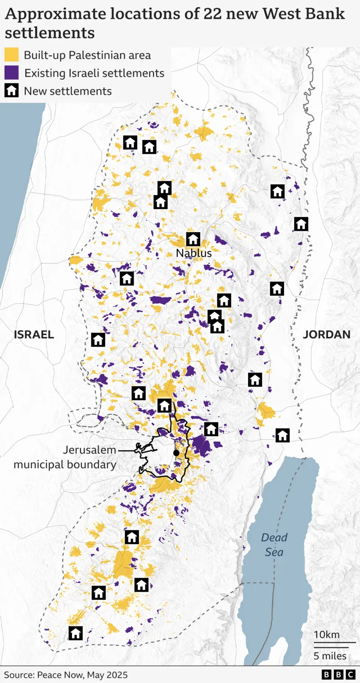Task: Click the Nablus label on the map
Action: point(193,253)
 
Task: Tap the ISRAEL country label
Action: point(34,334)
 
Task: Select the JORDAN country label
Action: point(326,334)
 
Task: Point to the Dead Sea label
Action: point(274,544)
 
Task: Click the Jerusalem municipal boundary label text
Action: point(65,457)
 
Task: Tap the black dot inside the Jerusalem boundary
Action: point(176,452)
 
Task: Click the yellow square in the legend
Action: point(12,55)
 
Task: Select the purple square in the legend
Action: point(12,72)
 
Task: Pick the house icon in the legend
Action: point(12,90)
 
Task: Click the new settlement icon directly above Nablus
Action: point(193,239)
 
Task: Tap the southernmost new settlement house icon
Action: point(76,633)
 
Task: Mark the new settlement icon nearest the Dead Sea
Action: point(282,435)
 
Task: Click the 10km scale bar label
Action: point(327,635)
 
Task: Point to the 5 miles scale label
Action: point(330,656)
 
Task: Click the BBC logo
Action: point(338,674)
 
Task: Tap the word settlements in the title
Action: point(49,33)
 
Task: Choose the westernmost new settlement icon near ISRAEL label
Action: point(98,340)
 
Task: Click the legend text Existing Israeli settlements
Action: point(94,73)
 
